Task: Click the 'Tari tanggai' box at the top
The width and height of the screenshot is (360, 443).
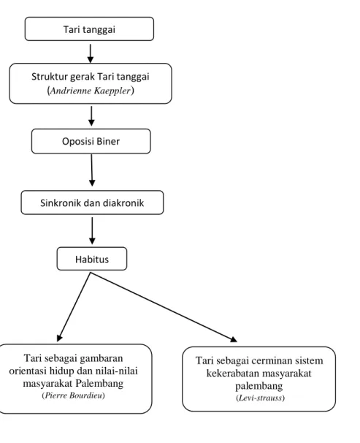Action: coord(89,29)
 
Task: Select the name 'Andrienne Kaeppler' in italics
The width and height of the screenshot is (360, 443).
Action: coord(91,91)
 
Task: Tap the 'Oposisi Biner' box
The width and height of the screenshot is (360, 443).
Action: coord(91,141)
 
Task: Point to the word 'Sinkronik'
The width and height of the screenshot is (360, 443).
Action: coord(58,202)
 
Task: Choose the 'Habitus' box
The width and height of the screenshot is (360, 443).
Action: coord(92,259)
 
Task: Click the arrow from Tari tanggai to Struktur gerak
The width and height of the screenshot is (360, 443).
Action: coord(91,53)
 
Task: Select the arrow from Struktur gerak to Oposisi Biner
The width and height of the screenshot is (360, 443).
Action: coord(91,116)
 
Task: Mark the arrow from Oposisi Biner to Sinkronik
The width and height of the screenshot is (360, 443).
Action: coord(92,170)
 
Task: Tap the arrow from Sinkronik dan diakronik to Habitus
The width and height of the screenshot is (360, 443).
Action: coord(92,230)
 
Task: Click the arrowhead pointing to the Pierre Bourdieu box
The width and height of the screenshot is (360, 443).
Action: coord(59,338)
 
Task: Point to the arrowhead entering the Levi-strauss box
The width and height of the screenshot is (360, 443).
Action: coord(234,339)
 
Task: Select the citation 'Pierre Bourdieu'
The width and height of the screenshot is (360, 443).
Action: coord(73,395)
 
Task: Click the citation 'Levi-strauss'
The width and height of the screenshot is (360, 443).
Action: coord(260,398)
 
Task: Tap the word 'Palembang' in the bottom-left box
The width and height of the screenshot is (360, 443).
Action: coord(99,383)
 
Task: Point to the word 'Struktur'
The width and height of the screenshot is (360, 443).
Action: coord(49,77)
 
